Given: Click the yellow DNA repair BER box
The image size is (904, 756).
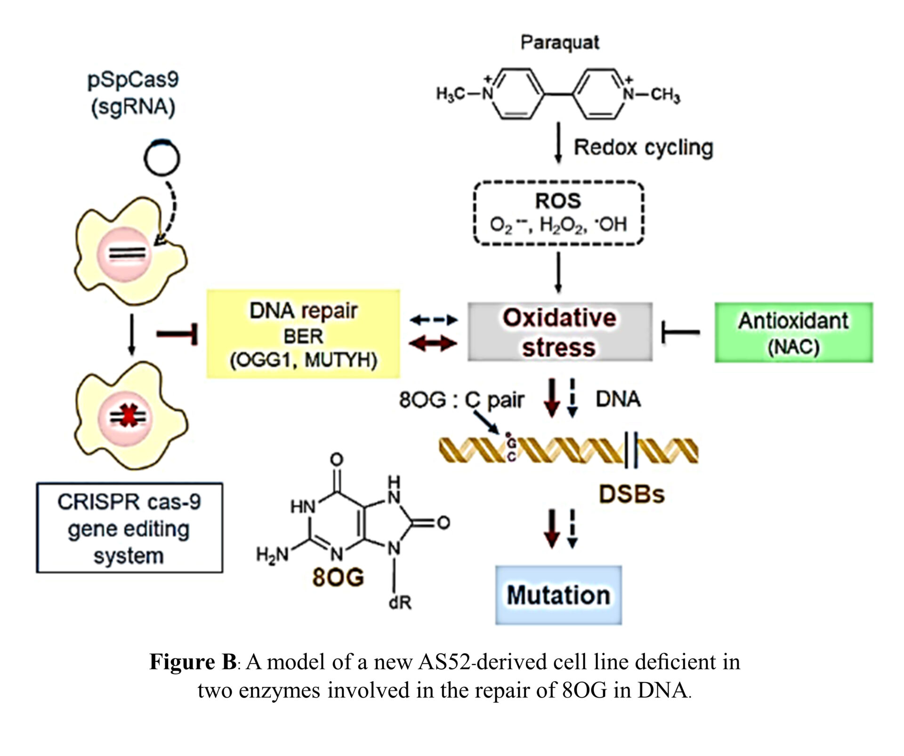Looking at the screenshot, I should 303,334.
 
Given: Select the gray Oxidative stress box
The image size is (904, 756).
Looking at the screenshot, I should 559,332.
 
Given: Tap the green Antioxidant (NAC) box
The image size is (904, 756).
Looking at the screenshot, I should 793,333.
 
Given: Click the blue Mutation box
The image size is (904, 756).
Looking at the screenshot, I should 558,595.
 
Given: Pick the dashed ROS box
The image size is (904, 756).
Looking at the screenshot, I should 558,213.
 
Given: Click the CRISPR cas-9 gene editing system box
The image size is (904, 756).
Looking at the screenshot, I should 129,528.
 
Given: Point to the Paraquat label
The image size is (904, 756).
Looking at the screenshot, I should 559,42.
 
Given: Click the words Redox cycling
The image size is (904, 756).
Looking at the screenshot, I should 643,147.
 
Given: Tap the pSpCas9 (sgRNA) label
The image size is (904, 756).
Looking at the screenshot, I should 133,93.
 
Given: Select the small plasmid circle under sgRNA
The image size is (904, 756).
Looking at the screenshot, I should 161,158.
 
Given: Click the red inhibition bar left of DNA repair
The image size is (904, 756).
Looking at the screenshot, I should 177,334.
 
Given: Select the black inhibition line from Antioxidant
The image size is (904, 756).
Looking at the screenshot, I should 680,333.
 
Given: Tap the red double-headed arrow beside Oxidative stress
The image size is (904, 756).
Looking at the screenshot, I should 433,344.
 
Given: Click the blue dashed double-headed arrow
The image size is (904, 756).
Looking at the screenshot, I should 433,320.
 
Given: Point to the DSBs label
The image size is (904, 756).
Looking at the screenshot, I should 631,495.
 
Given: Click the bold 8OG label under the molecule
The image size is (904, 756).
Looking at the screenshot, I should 338,577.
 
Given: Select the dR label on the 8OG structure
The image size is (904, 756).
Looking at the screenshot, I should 400,602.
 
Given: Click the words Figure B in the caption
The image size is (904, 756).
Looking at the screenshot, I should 193,662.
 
